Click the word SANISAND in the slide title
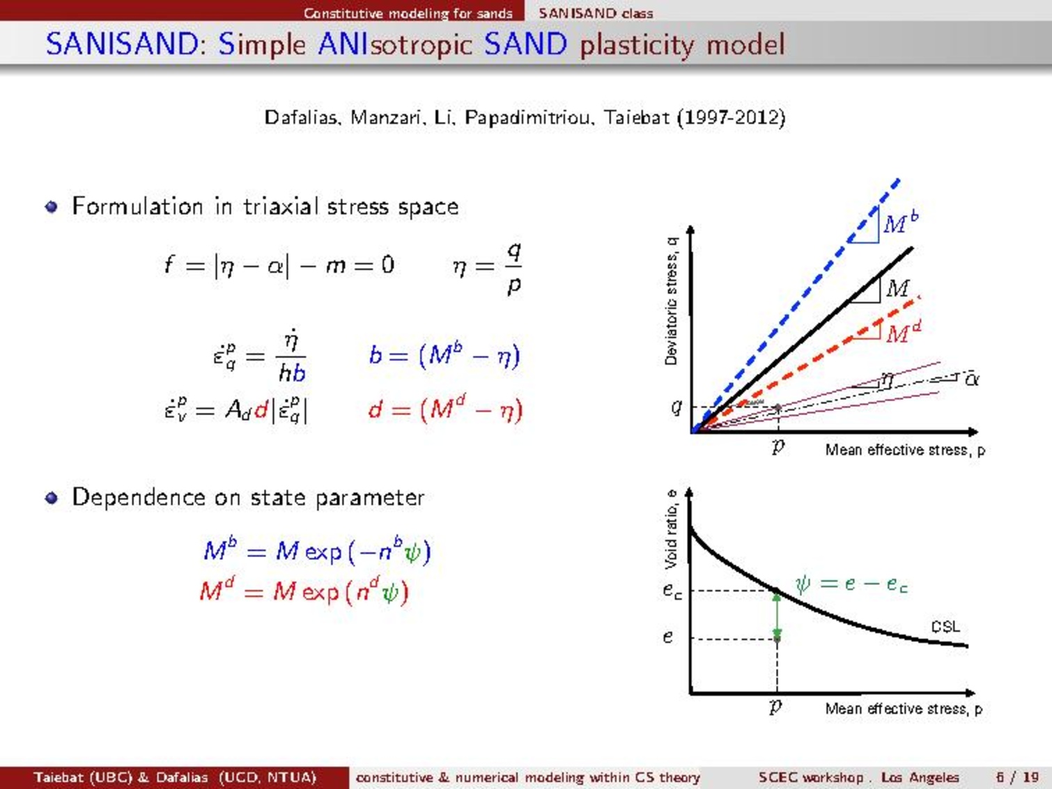pyautogui.click(x=122, y=44)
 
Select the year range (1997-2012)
pyautogui.click(x=732, y=118)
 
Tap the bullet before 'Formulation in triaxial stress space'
pyautogui.click(x=52, y=207)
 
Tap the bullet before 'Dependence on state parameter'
pyautogui.click(x=52, y=498)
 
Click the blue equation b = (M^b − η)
pyautogui.click(x=444, y=356)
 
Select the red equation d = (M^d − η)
pyautogui.click(x=445, y=411)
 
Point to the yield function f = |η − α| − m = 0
pyautogui.click(x=279, y=265)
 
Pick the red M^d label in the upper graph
pyautogui.click(x=904, y=332)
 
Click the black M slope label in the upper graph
pyautogui.click(x=897, y=288)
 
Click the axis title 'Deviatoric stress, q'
pyautogui.click(x=672, y=302)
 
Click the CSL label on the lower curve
pyautogui.click(x=945, y=627)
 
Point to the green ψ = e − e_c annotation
pyautogui.click(x=851, y=584)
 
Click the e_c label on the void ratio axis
pyautogui.click(x=672, y=591)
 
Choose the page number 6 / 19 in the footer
pyautogui.click(x=1017, y=777)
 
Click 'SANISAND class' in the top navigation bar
pyautogui.click(x=596, y=13)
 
